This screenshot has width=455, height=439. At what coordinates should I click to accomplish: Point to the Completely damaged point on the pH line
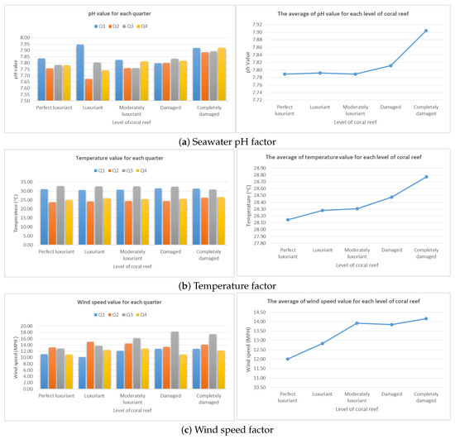point(426,31)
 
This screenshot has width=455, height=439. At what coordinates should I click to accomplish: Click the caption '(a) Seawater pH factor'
point(227,141)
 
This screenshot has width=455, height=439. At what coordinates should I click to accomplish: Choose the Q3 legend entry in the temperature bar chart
point(125,171)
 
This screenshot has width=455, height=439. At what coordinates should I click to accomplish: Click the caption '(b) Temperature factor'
point(227,286)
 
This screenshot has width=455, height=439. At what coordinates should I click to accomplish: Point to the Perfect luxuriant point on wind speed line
point(288,359)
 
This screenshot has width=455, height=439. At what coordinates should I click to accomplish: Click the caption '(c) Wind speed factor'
point(227,430)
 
